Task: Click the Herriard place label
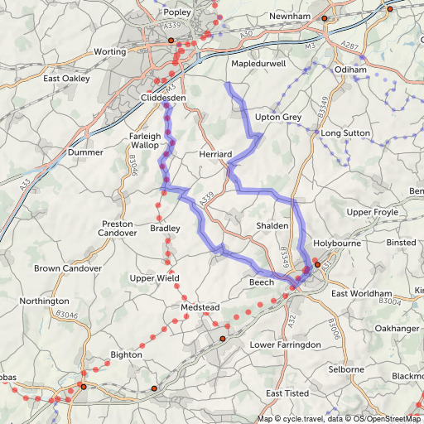(219, 155)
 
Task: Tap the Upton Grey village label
(278, 117)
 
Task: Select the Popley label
(177, 12)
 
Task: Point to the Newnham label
(290, 16)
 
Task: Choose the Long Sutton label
(344, 133)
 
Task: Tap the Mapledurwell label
(258, 63)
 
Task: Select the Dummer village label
(86, 153)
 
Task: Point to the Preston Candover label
(118, 228)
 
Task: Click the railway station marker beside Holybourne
(317, 265)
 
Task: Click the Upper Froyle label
(373, 213)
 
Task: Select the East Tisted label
(287, 393)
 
